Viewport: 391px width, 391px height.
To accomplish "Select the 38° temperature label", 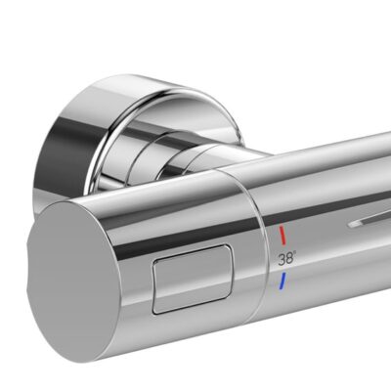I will coord(287,260).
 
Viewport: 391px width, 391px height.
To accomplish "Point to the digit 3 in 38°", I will coord(282,260).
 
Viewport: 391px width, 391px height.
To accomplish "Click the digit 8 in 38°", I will coord(289,260).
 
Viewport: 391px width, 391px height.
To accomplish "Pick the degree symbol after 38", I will coord(296,256).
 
